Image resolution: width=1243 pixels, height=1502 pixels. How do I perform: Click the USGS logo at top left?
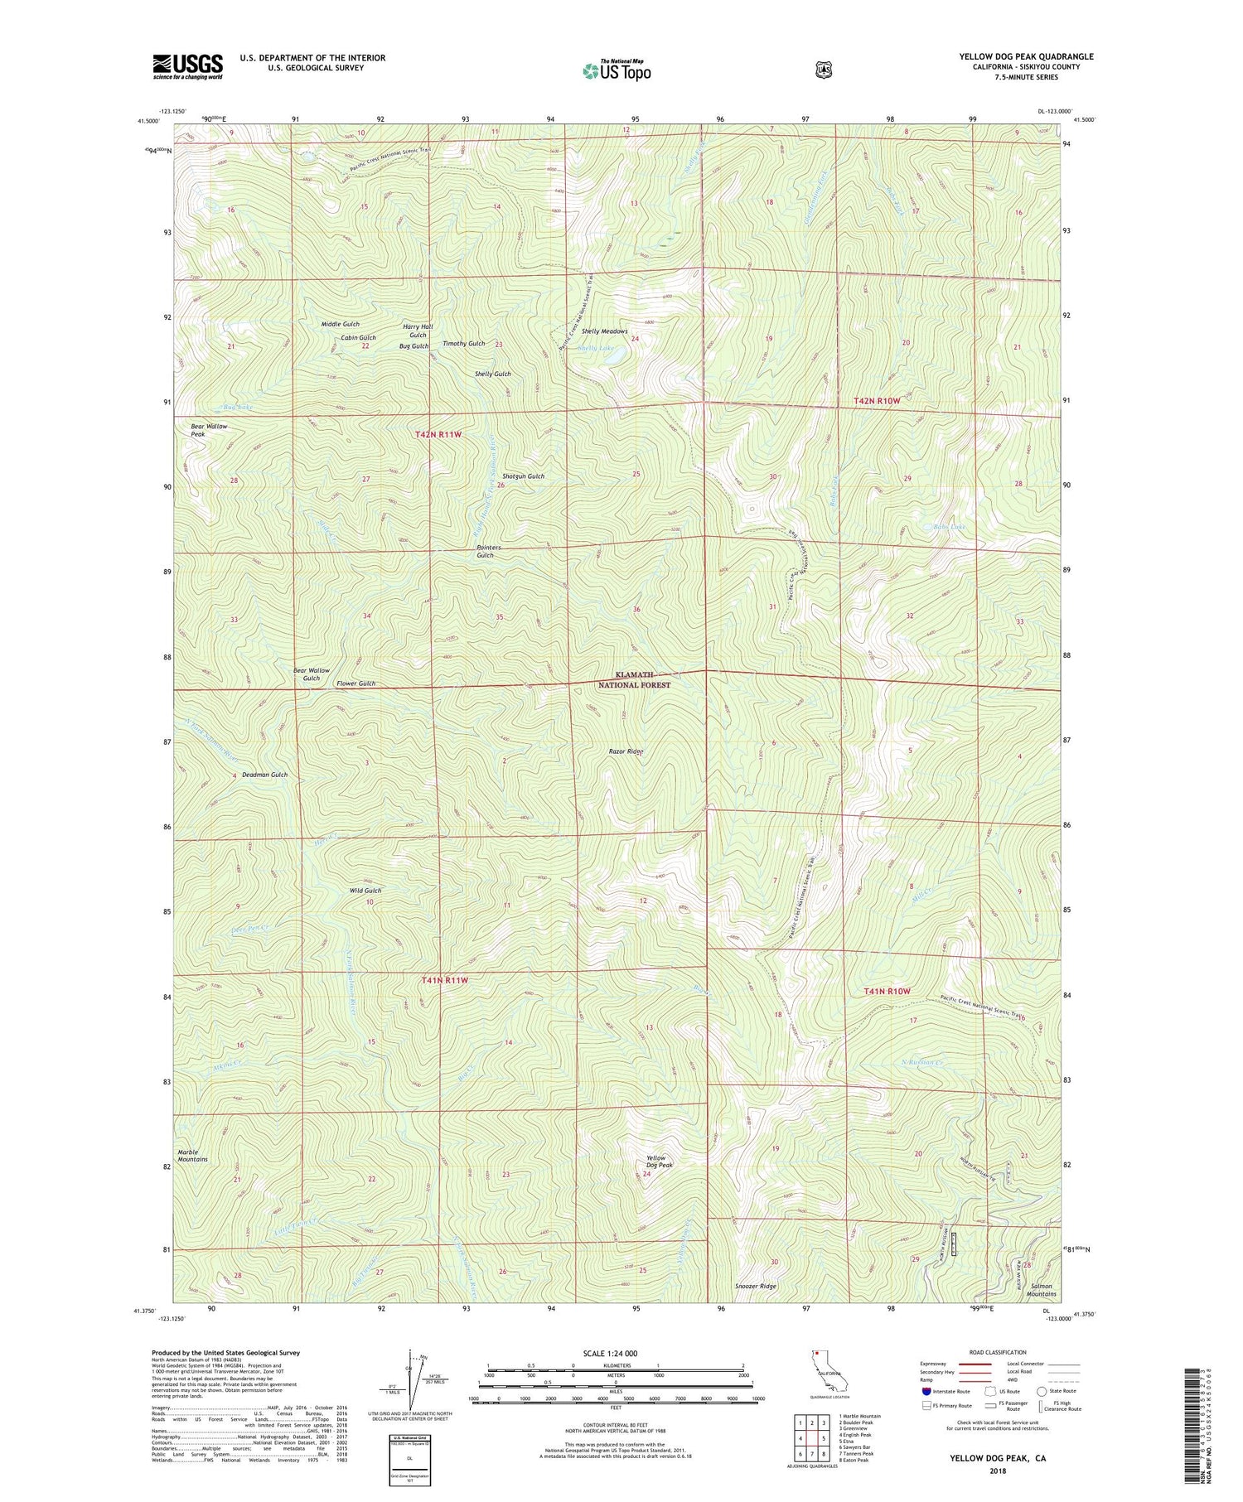coord(188,66)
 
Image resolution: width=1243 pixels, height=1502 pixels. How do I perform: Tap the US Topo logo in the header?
coord(617,70)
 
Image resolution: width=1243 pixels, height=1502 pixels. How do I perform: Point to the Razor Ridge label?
coord(625,751)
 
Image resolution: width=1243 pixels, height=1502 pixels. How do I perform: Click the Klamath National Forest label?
coord(634,680)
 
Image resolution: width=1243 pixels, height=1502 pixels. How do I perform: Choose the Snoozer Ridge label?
coord(756,1287)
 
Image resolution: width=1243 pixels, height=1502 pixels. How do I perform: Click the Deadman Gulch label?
coord(264,775)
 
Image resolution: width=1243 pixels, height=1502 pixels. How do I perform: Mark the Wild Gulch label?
coord(365,891)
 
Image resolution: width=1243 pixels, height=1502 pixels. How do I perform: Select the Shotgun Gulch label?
coord(524,476)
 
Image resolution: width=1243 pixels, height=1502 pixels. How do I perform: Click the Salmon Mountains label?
coord(1041,1290)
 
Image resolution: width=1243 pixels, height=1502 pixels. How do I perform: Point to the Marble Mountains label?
coord(192,1155)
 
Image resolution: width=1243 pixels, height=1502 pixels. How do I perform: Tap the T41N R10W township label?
coord(887,992)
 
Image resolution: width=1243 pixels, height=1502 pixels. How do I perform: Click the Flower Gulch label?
coord(355,683)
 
